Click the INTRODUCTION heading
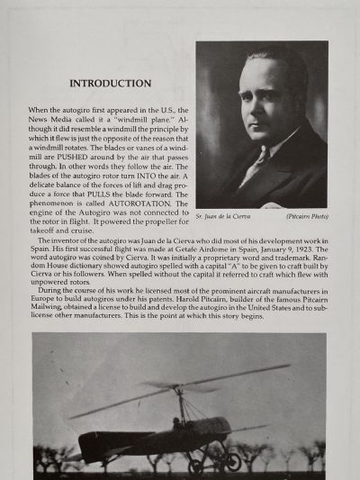pyautogui.click(x=111, y=84)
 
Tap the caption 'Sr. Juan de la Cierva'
pyautogui.click(x=223, y=217)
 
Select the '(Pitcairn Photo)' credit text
pyautogui.click(x=305, y=217)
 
